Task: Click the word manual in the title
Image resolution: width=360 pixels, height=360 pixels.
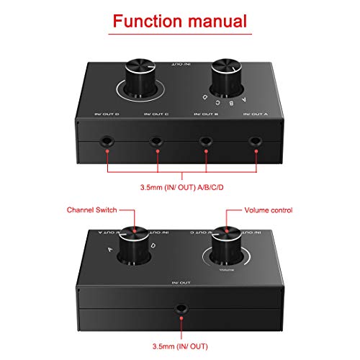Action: point(220,22)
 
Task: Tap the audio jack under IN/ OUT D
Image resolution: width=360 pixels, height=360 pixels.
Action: point(106,143)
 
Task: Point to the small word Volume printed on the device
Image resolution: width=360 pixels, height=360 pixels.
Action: point(225,269)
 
